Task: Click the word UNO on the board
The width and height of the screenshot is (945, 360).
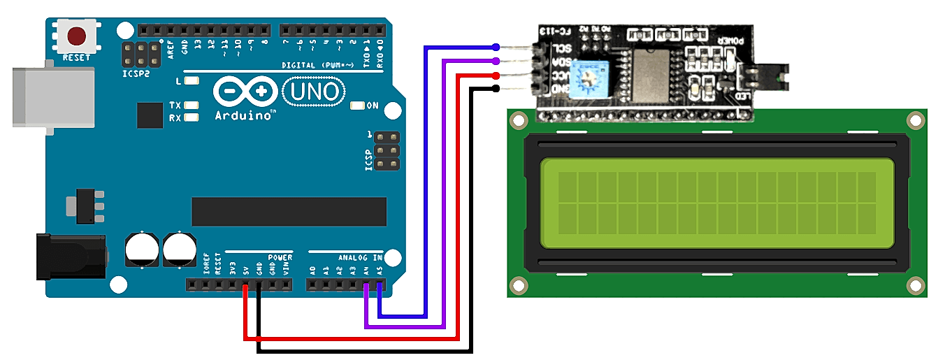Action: [x=314, y=91]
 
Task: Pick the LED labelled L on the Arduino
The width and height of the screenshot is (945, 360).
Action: [x=191, y=80]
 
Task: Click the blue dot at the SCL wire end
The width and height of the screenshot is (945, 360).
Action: [x=496, y=47]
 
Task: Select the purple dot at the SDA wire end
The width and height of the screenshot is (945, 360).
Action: [x=496, y=61]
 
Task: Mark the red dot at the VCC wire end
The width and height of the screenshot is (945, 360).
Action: [x=496, y=75]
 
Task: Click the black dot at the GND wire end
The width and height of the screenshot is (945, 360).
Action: [x=496, y=88]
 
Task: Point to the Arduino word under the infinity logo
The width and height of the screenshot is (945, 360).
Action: [x=243, y=115]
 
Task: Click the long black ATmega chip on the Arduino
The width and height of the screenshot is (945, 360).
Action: [x=289, y=211]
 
